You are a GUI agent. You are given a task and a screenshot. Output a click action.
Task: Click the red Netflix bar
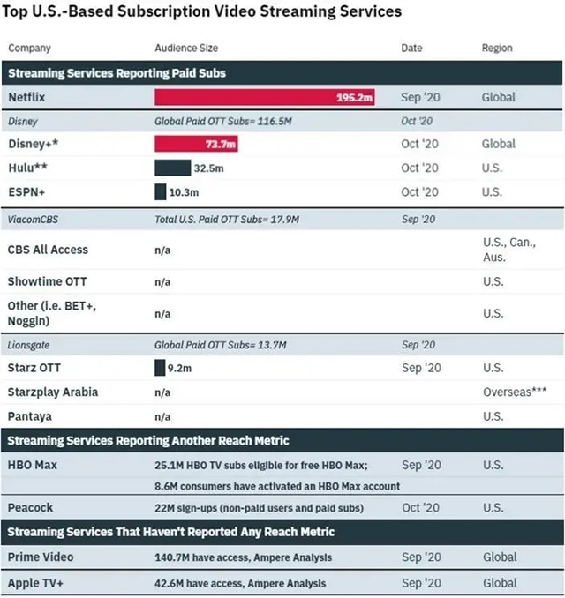pyautogui.click(x=264, y=97)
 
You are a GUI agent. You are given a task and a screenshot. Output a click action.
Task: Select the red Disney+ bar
pyautogui.click(x=196, y=144)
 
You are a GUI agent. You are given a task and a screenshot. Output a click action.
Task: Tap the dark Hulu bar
pyautogui.click(x=172, y=168)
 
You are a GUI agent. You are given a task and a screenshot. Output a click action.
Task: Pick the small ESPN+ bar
pyautogui.click(x=160, y=191)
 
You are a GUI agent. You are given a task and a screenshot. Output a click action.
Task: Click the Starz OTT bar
pyautogui.click(x=159, y=368)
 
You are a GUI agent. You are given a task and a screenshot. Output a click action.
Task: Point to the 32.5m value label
pyautogui.click(x=209, y=168)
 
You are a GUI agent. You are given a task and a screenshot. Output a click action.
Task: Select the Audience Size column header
pyautogui.click(x=186, y=48)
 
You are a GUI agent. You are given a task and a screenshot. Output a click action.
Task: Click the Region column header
pyautogui.click(x=497, y=48)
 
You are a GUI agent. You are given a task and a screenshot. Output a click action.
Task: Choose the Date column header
pyautogui.click(x=411, y=48)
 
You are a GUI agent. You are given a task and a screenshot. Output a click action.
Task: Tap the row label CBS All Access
pyautogui.click(x=48, y=250)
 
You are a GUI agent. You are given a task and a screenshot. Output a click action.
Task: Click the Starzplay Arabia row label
pyautogui.click(x=52, y=392)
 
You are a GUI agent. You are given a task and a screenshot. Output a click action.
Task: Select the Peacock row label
pyautogui.click(x=31, y=507)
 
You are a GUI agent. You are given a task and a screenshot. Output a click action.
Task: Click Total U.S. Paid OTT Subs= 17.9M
pyautogui.click(x=227, y=218)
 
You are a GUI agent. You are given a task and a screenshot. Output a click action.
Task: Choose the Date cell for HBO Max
pyautogui.click(x=420, y=465)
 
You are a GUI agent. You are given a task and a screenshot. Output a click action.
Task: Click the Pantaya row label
pyautogui.click(x=30, y=415)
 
